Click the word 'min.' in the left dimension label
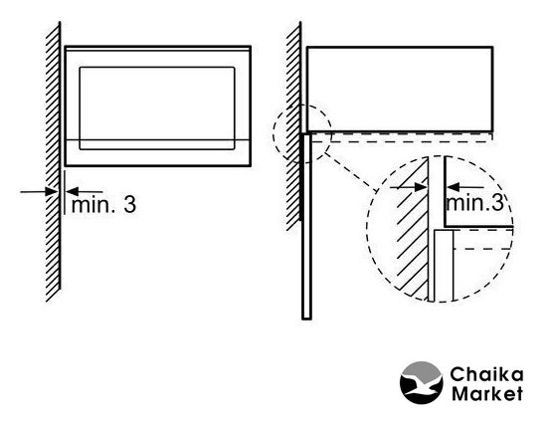92,205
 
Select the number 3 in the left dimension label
129,205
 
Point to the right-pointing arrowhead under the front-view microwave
52,192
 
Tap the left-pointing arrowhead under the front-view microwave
73,192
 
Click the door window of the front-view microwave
157,108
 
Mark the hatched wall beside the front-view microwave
53,161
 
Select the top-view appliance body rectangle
400,89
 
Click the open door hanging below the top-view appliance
306,226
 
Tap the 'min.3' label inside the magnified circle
475,202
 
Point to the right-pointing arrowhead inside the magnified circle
420,187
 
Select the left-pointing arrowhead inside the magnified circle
453,187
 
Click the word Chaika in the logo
486,374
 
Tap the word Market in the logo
487,393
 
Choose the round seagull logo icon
421,383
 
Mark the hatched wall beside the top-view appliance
293,126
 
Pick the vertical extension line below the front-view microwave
65,192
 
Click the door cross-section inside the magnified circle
444,265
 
